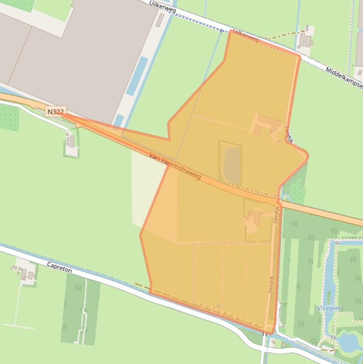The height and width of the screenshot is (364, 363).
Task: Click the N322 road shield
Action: click(55, 112)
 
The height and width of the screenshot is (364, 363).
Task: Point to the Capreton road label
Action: click(59, 268)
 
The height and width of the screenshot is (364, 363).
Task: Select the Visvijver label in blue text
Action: click(329, 308)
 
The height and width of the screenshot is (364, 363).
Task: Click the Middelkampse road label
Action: click(344, 77)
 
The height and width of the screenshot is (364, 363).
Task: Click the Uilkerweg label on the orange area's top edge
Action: click(246, 37)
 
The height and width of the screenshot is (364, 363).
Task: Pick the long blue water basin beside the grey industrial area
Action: click(137, 76)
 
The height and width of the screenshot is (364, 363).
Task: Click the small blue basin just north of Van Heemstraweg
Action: click(118, 120)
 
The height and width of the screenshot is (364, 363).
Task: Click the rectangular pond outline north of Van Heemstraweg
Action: click(230, 164)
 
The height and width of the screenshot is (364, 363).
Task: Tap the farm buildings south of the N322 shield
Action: click(71, 140)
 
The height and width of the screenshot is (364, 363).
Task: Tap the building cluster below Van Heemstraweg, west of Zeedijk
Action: click(253, 220)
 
